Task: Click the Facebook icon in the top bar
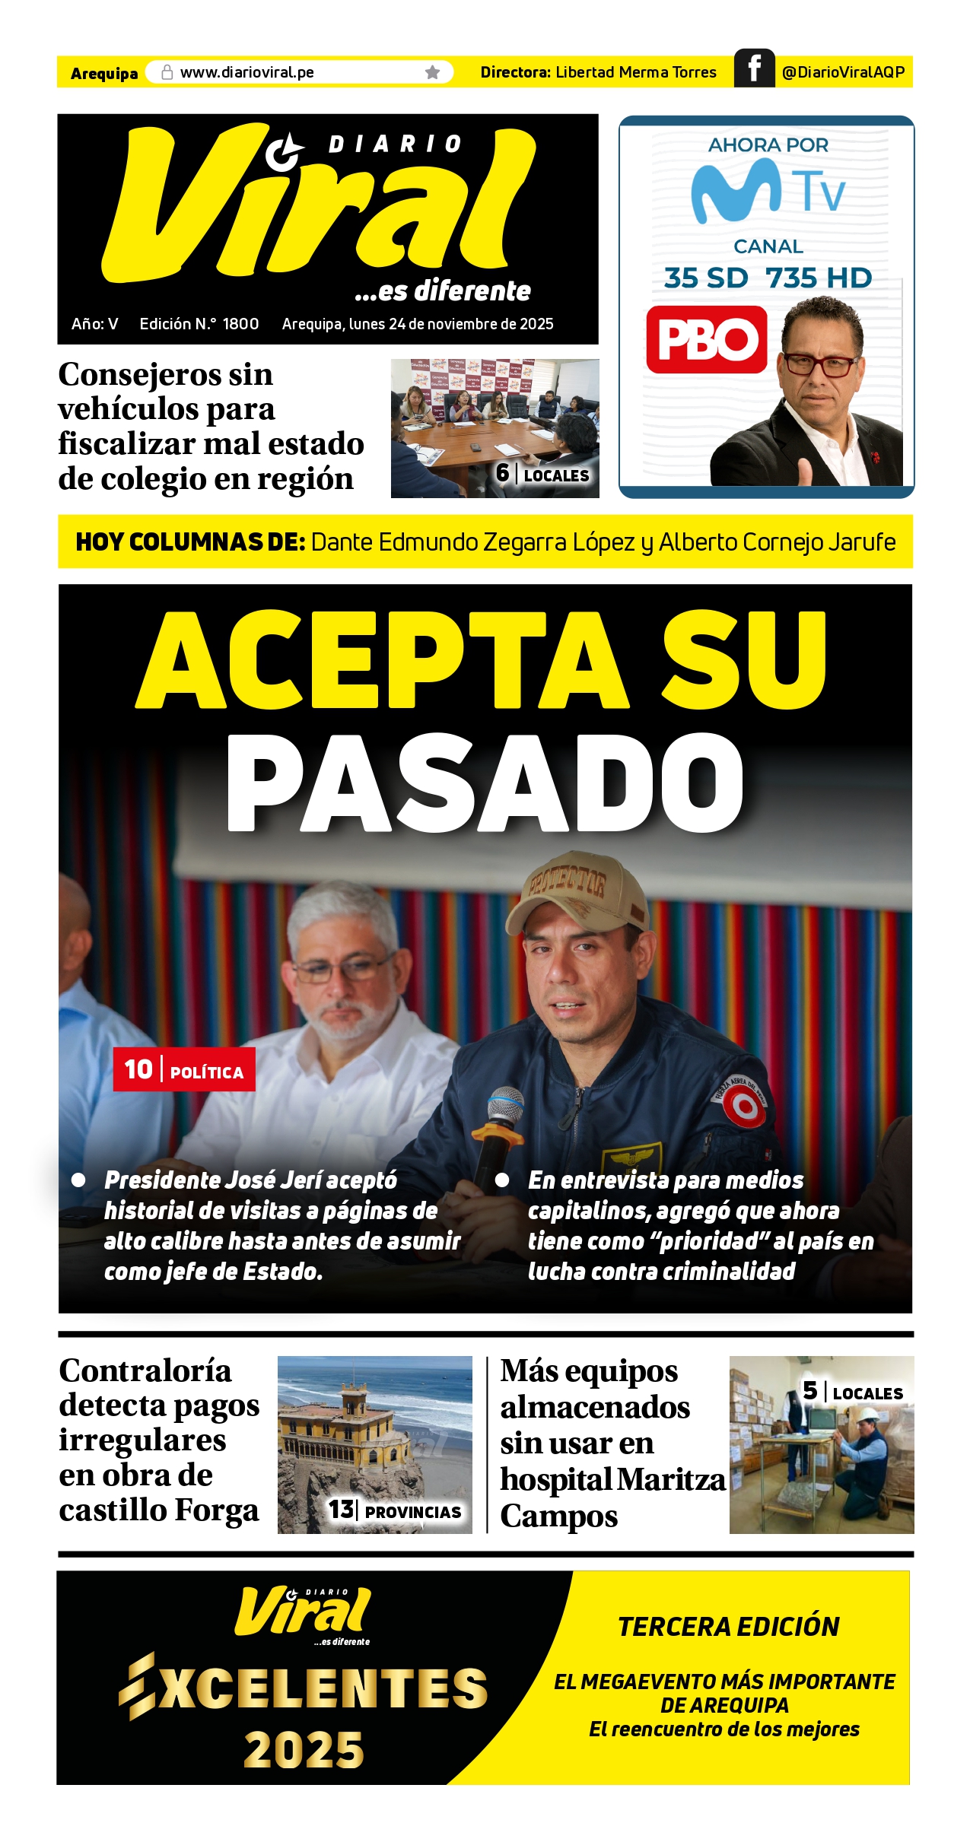click(x=754, y=68)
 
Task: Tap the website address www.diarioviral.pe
click(x=246, y=72)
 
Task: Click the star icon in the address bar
click(x=432, y=72)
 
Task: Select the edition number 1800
click(x=240, y=324)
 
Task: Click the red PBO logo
click(x=707, y=340)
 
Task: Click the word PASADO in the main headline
click(x=485, y=783)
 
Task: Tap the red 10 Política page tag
click(x=184, y=1069)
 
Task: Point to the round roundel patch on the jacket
click(x=743, y=1107)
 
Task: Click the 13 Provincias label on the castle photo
click(x=395, y=1510)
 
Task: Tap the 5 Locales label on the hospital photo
click(x=853, y=1392)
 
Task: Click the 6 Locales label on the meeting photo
click(x=542, y=474)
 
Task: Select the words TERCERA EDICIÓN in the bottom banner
click(x=728, y=1626)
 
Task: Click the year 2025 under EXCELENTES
click(x=304, y=1749)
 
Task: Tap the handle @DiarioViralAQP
click(x=843, y=72)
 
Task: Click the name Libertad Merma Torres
click(x=636, y=72)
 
